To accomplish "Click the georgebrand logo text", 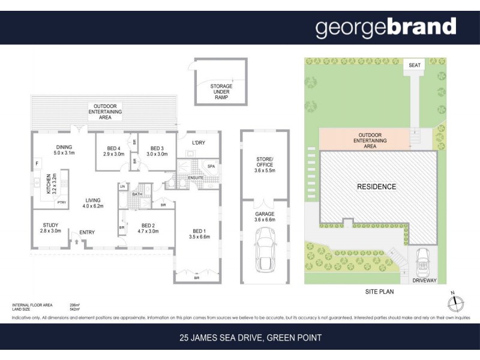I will click(x=386, y=28).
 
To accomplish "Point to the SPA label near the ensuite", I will click(x=211, y=165).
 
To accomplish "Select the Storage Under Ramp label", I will click(x=221, y=93).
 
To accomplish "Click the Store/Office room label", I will click(x=265, y=164).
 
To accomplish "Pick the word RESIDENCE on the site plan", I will click(x=377, y=187).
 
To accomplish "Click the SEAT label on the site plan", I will click(x=414, y=64).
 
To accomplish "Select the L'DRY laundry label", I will click(x=199, y=142).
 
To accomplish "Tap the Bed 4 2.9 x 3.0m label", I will click(x=113, y=151).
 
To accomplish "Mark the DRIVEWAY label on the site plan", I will click(x=423, y=280).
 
